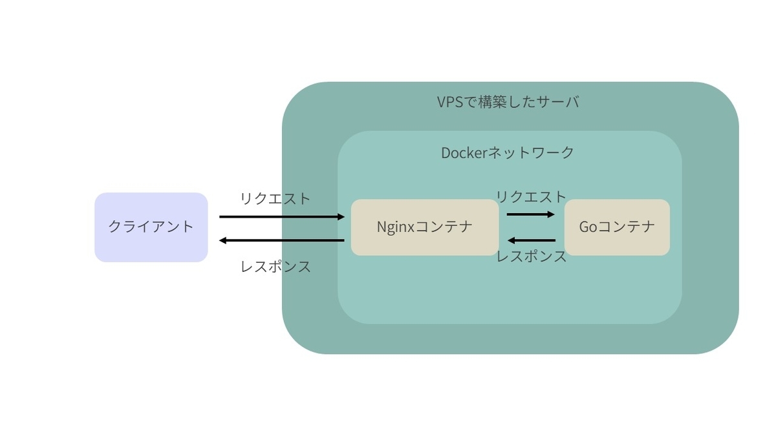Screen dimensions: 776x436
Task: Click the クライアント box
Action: click(151, 227)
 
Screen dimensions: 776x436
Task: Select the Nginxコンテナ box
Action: click(425, 227)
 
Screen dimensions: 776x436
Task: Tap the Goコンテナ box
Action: click(617, 227)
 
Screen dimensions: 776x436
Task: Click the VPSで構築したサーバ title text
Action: click(508, 102)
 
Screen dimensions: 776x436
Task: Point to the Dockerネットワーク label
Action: click(508, 152)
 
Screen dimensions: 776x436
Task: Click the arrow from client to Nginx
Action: click(282, 217)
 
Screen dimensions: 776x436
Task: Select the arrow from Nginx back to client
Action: click(282, 240)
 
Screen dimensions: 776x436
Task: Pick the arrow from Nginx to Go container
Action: click(531, 214)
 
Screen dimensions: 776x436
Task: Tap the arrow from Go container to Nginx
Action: click(532, 240)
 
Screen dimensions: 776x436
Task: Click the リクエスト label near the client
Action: click(275, 199)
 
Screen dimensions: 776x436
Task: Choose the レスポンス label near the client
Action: click(275, 267)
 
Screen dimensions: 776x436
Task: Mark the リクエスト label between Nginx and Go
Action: click(531, 197)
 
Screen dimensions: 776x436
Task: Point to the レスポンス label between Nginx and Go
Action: click(532, 256)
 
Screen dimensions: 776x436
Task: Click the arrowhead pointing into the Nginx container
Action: click(341, 217)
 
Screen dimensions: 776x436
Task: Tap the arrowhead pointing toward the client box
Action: click(222, 240)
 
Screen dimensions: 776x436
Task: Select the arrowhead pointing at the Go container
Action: click(551, 214)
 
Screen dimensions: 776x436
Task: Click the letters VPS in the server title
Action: click(450, 102)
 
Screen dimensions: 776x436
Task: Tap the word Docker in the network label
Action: click(464, 153)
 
